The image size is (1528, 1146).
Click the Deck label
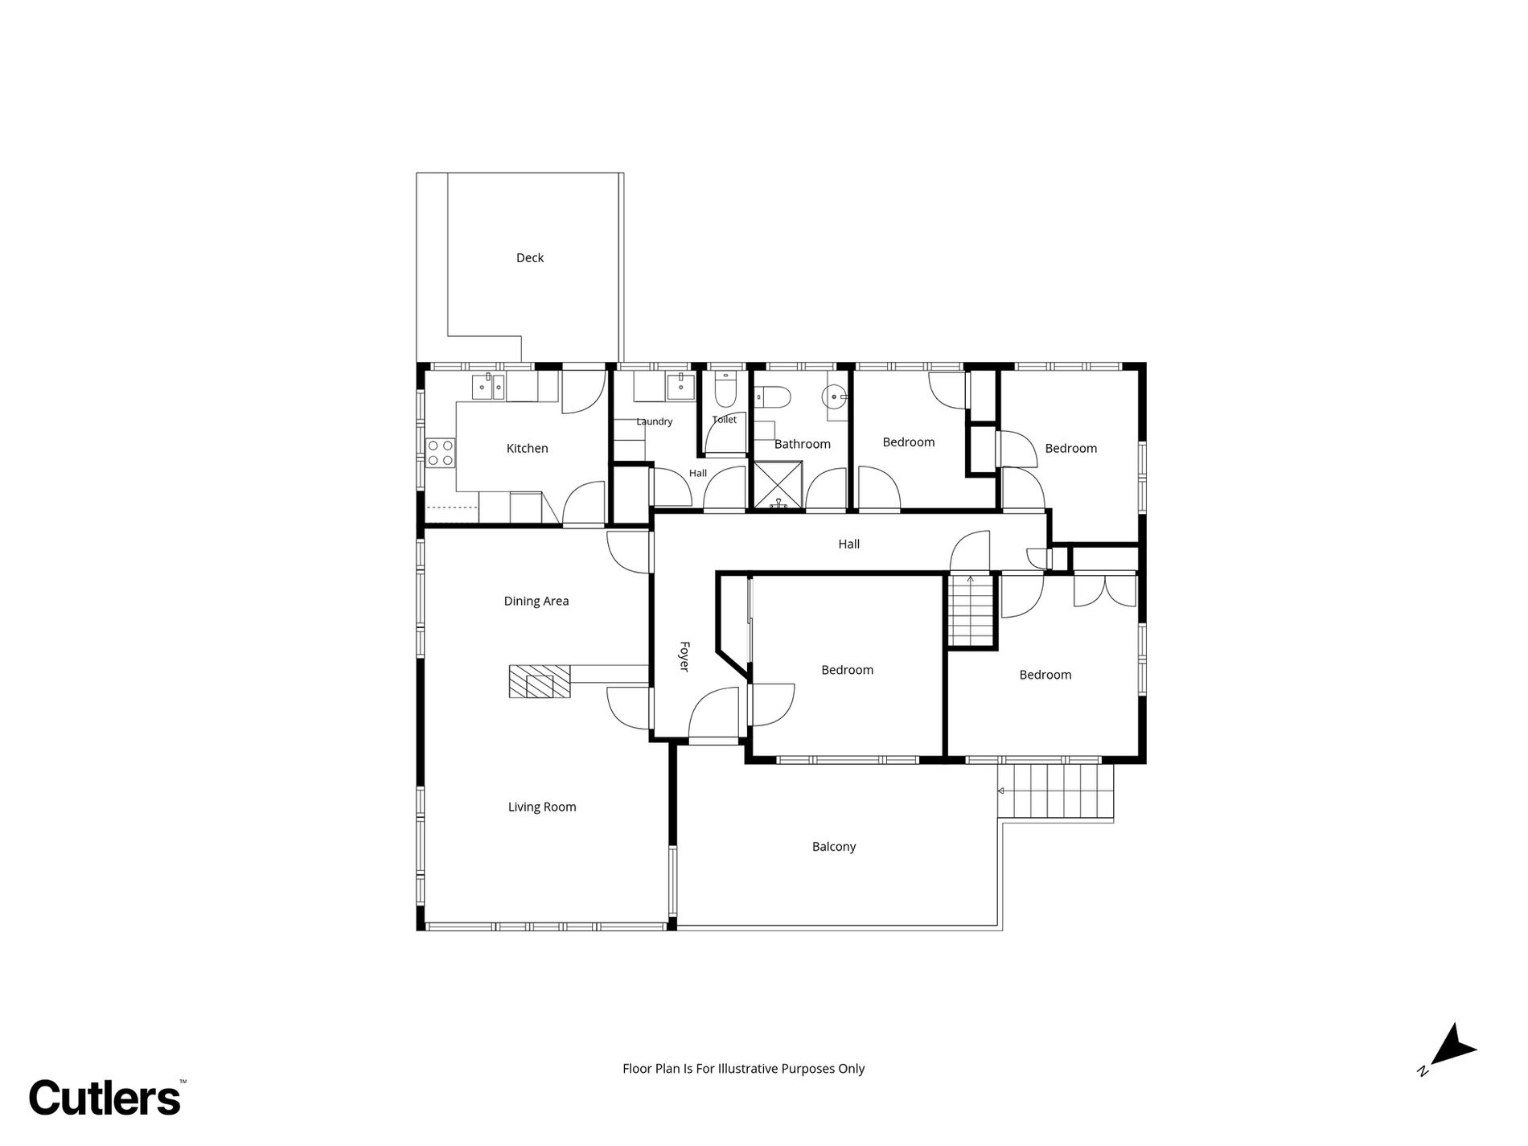coord(530,258)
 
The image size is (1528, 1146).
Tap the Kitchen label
coord(527,449)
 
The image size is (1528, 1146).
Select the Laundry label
coord(654,421)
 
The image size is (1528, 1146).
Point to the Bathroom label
coord(802,444)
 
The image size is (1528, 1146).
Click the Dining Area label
coord(536,601)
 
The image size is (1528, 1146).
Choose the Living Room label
coord(542,807)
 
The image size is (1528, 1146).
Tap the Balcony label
coord(834,847)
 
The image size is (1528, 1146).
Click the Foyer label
coord(684,656)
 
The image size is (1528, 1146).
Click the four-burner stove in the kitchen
coord(441,452)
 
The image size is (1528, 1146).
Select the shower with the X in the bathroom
coord(778,485)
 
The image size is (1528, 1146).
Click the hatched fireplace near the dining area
coord(539,681)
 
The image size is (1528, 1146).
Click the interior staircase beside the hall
coord(971,609)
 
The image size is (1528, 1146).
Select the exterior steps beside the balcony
coord(1055,791)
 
